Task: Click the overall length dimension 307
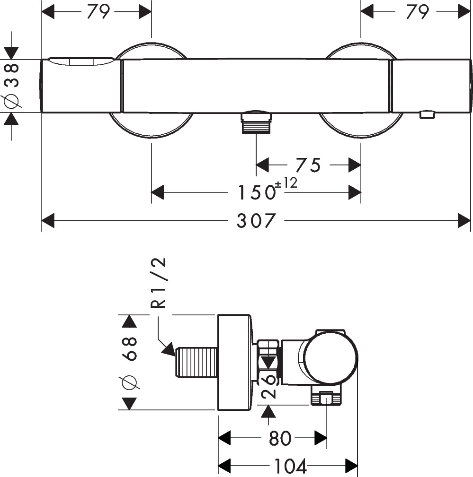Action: point(256,221)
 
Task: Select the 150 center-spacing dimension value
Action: point(256,192)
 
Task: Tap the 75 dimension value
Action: point(308,165)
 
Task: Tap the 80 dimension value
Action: point(280,439)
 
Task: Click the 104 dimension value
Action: point(289,467)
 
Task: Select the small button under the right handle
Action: point(427,114)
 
